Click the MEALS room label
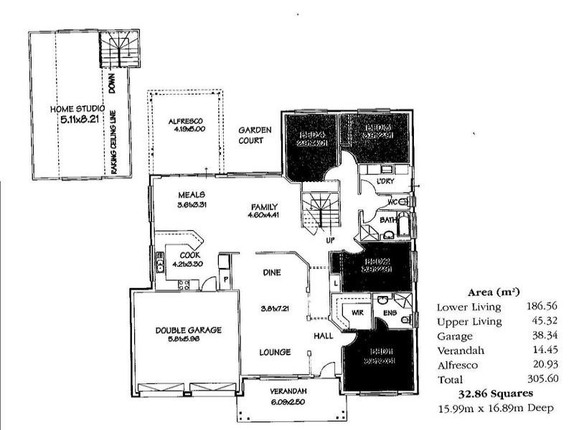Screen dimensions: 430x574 [x=192, y=194]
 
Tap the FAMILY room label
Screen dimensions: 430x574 [x=263, y=206]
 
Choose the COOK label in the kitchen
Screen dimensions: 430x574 [x=189, y=254]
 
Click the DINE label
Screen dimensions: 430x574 [x=272, y=272]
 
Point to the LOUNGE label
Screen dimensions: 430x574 [x=276, y=352]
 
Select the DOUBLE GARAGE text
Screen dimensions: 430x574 [x=189, y=330]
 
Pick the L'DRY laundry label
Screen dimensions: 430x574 [x=386, y=181]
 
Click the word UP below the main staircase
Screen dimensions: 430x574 [x=331, y=239]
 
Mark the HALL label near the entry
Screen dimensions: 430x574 [x=322, y=335]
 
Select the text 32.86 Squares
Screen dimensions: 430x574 [x=496, y=394]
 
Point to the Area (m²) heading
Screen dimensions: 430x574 [x=494, y=292]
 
